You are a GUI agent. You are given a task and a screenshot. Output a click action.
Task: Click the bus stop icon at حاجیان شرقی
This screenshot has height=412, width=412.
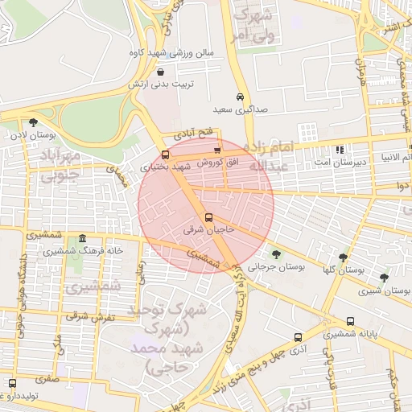coord(209,217)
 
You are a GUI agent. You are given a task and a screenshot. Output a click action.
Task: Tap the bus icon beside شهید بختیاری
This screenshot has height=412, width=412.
coord(165,154)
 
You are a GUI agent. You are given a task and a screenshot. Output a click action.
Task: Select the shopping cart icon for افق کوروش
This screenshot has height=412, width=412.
coord(216,150)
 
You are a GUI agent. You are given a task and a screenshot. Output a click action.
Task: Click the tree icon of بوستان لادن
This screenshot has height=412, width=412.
coord(33,123)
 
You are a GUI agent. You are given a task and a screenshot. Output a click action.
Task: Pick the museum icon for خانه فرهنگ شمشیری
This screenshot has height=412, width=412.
coord(83,239)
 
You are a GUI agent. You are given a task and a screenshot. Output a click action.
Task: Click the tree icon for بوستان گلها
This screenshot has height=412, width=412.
coord(344,257)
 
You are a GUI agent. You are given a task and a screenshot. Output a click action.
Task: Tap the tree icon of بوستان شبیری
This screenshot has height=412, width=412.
coord(384,278)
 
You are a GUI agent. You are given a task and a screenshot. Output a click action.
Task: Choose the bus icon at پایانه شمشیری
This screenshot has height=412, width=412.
coord(348,321)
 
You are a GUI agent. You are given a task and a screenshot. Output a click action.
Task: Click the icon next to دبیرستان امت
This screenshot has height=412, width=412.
coord(340,150)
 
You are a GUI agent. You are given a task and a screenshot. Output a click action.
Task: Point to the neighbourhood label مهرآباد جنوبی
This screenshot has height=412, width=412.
coord(60,162)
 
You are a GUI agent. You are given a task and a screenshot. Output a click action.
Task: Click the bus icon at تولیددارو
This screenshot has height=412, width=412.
coord(11,383)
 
